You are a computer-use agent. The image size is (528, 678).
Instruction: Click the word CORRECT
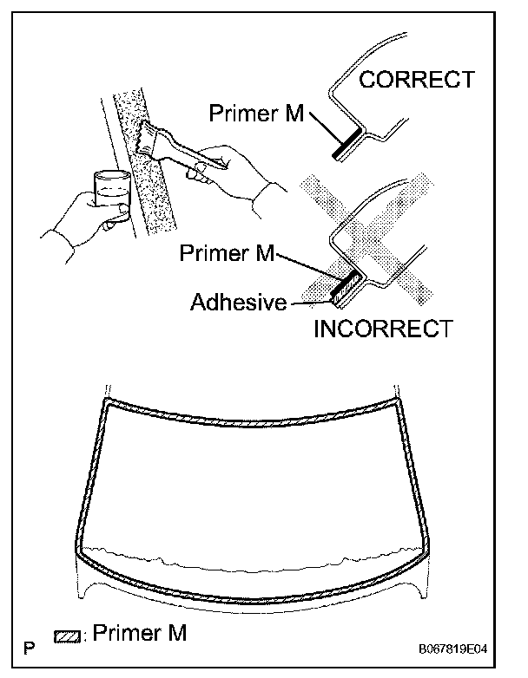coord(417,81)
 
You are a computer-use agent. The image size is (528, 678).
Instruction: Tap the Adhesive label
coord(238,302)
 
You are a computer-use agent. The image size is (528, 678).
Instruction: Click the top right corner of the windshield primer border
coord(398,401)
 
